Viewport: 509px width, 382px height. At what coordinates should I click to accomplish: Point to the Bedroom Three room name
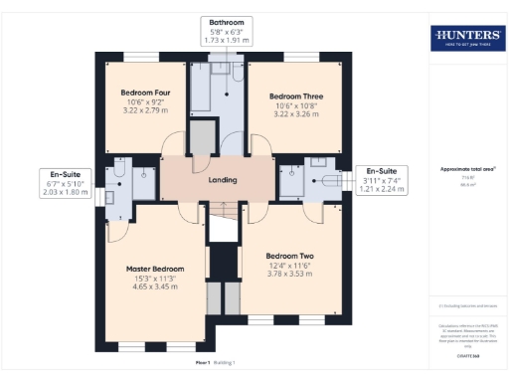(295, 96)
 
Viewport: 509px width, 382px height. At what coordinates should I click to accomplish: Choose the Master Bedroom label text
(154, 269)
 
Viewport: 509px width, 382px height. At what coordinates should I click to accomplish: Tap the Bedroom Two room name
(293, 254)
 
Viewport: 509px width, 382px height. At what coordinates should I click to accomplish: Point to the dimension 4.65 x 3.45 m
(154, 286)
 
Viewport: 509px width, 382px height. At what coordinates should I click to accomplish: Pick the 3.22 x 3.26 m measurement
(295, 114)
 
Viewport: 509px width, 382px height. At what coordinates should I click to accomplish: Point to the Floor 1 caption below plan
(180, 363)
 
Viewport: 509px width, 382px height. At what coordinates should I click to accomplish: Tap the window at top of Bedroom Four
(138, 55)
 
